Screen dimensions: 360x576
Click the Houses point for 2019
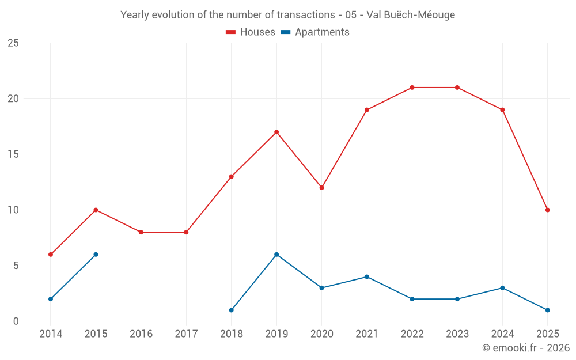[x=276, y=132]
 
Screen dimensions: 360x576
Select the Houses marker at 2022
[x=412, y=88]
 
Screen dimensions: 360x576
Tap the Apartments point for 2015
[x=96, y=255]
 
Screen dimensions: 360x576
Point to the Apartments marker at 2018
[x=232, y=310]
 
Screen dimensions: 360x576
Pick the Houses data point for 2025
[x=547, y=210]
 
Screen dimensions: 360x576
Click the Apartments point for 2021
[x=367, y=276]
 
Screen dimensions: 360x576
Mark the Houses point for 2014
[x=51, y=255]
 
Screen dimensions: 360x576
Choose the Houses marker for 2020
[x=321, y=188]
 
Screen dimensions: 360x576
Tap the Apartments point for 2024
[x=502, y=288]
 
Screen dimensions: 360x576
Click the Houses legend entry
[x=251, y=32]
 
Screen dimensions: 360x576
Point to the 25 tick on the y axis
[x=13, y=43]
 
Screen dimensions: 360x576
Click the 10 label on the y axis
[x=13, y=210]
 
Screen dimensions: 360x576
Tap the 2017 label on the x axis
[x=186, y=334]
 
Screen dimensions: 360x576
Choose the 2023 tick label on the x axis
[x=457, y=334]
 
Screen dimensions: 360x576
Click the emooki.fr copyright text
[x=526, y=348]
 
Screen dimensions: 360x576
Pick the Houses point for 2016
[x=141, y=232]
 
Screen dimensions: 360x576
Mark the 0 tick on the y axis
[x=16, y=321]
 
